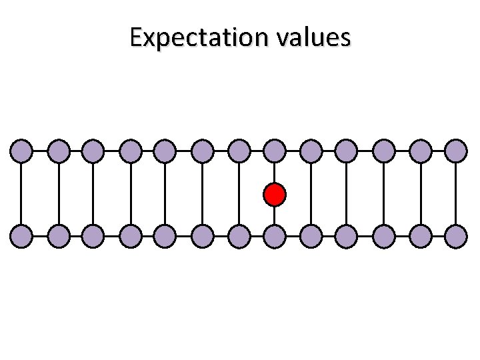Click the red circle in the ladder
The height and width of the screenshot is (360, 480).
(x=274, y=195)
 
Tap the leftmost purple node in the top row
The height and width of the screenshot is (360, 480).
(x=21, y=151)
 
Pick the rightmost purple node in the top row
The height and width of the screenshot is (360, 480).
(x=455, y=151)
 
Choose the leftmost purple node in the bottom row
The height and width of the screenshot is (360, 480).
(x=21, y=236)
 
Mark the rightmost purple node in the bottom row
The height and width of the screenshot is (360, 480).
(x=455, y=236)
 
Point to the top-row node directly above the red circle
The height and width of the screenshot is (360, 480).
(x=274, y=151)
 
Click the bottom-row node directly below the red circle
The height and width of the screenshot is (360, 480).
(x=274, y=236)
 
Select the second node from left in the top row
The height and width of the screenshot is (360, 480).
(x=58, y=151)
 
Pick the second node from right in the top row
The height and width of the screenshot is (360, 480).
(x=419, y=151)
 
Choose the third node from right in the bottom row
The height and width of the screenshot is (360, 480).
(x=383, y=236)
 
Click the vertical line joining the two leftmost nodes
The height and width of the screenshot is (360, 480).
(x=21, y=193)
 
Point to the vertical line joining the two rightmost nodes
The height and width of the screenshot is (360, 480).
(x=455, y=193)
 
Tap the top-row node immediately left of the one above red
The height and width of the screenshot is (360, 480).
(x=238, y=151)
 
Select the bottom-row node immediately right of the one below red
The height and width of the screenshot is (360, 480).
(x=311, y=236)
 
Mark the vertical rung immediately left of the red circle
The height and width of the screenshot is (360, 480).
(x=238, y=193)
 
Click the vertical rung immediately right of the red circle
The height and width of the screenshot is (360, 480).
(x=311, y=193)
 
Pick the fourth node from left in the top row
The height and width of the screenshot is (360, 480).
(x=130, y=151)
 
